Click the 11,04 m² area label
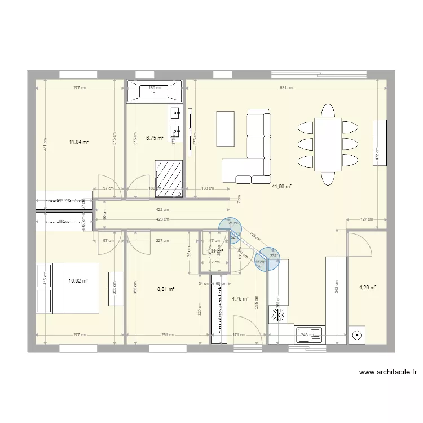pos(78,142)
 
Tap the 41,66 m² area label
pos(281,186)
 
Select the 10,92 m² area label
pos(78,280)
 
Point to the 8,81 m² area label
pos(165,289)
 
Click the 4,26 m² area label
pos(367,287)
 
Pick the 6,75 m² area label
pos(155,137)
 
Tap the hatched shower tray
pos(169,179)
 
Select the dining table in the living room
pos(328,144)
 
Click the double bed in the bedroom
pos(67,288)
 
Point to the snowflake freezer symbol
pos(277,315)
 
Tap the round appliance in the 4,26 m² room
pos(357,335)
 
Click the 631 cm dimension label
pos(287,88)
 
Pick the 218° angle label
pos(232,223)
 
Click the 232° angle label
pos(274,255)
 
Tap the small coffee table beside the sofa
pos(225,128)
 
